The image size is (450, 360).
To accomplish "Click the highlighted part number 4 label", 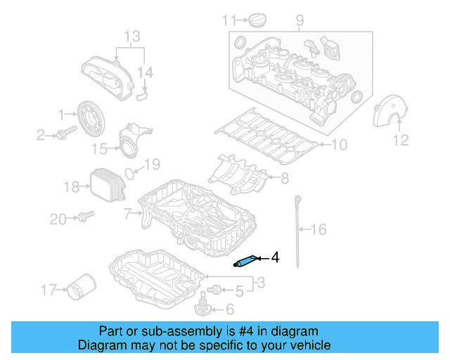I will click(276, 258).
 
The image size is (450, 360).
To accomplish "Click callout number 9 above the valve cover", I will click(300, 20).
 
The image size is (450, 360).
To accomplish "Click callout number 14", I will click(145, 72).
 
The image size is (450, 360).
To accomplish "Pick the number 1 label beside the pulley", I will click(62, 113).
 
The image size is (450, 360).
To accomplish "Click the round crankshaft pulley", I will click(91, 117).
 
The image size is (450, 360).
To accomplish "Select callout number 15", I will click(100, 148).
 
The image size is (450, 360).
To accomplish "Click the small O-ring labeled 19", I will click(131, 172).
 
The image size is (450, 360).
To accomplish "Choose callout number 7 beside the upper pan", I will click(127, 212).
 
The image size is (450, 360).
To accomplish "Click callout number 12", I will click(400, 141).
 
